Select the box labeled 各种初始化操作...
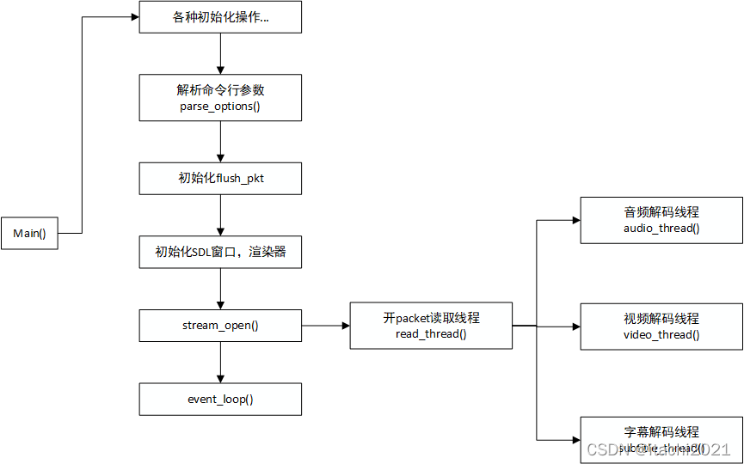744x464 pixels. coord(221,18)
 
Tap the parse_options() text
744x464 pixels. coord(221,107)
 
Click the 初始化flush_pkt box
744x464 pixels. coord(221,179)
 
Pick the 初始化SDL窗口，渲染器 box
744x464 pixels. coord(221,253)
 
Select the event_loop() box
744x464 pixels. coord(221,400)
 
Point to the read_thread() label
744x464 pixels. coord(431,334)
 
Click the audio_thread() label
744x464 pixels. coord(661,229)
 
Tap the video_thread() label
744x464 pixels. coord(661,335)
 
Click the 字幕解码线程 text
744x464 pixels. coord(661,432)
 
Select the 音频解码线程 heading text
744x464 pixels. coord(661,212)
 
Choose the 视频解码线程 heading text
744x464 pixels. coord(661,319)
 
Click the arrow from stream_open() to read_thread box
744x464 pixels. coord(326,327)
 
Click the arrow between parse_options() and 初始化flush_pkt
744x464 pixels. coord(221,142)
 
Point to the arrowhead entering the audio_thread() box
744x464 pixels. coord(576,220)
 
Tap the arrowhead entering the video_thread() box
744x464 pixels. coord(576,327)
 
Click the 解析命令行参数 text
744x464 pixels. coord(221,90)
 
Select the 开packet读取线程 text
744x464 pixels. coord(431,318)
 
